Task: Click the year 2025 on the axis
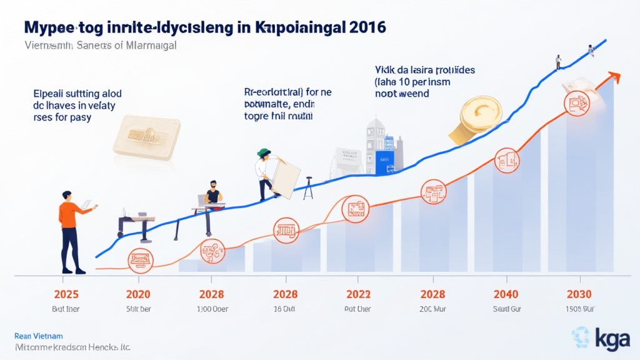(x=66, y=294)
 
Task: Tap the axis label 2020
(x=138, y=294)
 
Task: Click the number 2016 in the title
(x=361, y=28)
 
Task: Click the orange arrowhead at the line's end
(x=615, y=77)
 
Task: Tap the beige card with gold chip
(x=147, y=136)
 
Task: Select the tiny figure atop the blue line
(x=558, y=61)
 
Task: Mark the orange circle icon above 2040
(x=506, y=161)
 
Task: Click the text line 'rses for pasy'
(x=62, y=117)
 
